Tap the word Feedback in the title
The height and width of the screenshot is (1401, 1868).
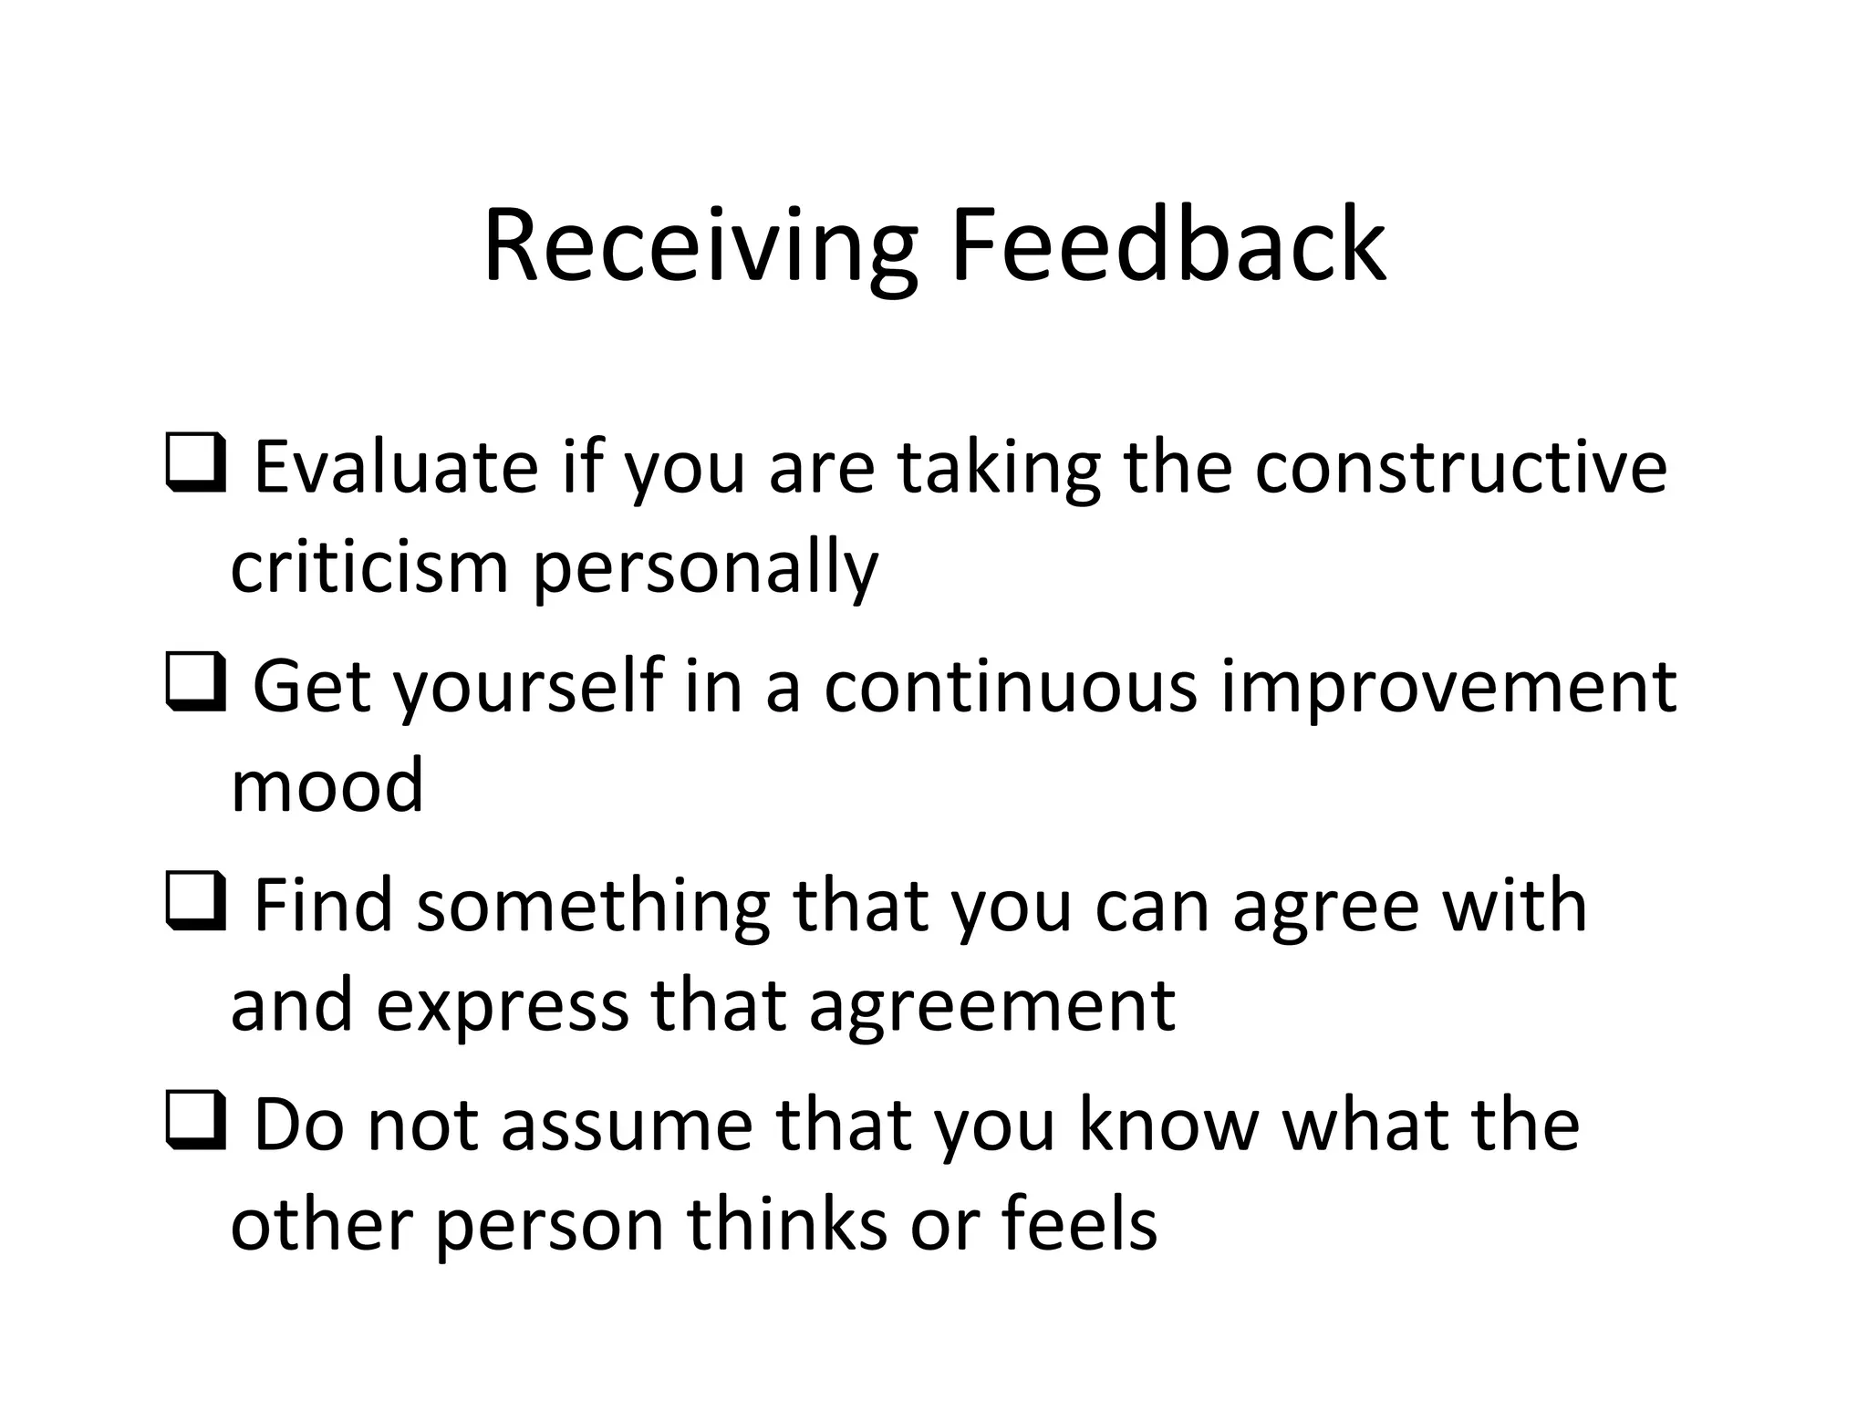pyautogui.click(x=1168, y=246)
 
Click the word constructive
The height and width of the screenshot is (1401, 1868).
pyautogui.click(x=1460, y=467)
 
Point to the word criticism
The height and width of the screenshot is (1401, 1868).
pyautogui.click(x=369, y=567)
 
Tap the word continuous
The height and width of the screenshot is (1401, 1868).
pyautogui.click(x=1011, y=686)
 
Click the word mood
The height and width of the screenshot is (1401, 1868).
pyautogui.click(x=327, y=785)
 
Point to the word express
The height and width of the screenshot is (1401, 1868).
pyautogui.click(x=502, y=1006)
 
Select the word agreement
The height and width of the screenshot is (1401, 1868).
pyautogui.click(x=991, y=1006)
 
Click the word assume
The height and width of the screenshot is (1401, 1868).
pyautogui.click(x=627, y=1125)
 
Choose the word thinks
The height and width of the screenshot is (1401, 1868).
pyautogui.click(x=787, y=1223)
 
